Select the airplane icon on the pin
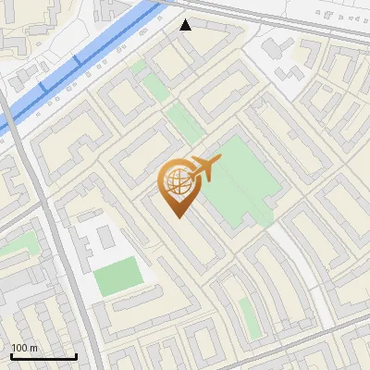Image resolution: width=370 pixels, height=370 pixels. [x=205, y=168]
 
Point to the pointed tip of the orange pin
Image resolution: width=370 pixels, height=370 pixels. [x=179, y=216]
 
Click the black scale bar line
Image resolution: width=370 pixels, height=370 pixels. [x=43, y=357]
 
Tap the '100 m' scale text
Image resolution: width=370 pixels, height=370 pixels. [x=25, y=348]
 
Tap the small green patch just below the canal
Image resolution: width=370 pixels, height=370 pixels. [x=138, y=67]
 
